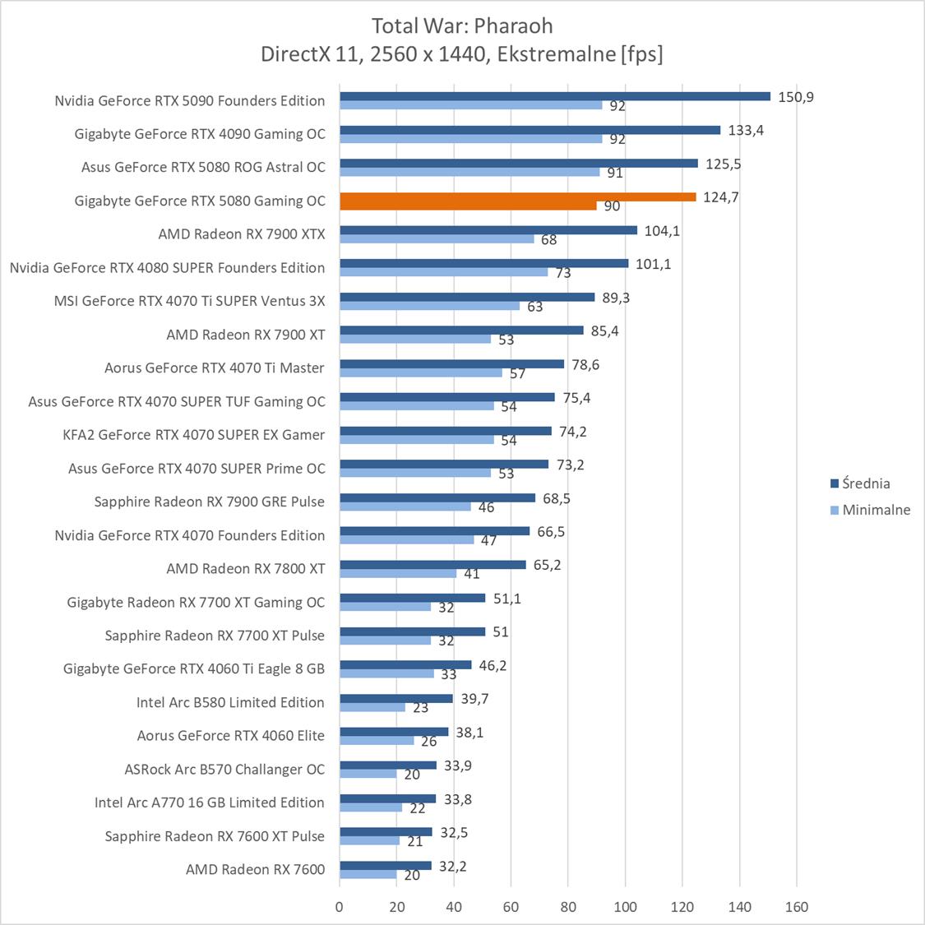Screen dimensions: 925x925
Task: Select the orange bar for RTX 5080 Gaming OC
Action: coord(518,197)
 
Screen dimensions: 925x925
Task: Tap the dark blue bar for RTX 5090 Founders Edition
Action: coord(555,96)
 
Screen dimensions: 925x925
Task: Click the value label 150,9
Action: coord(795,97)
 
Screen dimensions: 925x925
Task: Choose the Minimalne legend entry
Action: coord(876,510)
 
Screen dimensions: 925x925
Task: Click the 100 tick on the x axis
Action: coord(625,908)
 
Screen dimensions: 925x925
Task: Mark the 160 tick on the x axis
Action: coord(797,908)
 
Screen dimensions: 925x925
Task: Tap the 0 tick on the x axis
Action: coord(340,908)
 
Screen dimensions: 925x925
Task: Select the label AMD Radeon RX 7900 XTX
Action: coord(242,234)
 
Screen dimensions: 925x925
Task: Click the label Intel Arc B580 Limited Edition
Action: coord(230,702)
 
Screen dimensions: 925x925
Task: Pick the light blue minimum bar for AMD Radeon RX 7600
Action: coord(368,874)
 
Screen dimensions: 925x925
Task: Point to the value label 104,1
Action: coord(662,231)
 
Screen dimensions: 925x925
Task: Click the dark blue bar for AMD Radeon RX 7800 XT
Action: coord(432,565)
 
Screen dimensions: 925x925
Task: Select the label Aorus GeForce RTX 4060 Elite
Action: coord(230,736)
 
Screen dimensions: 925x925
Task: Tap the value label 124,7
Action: coord(720,197)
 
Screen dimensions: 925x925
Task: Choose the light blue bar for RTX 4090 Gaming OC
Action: coord(470,139)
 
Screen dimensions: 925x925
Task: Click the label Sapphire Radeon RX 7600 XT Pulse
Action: coord(215,836)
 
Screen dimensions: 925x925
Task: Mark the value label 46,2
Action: coord(493,665)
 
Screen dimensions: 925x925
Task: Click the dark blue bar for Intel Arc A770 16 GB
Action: coord(387,798)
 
